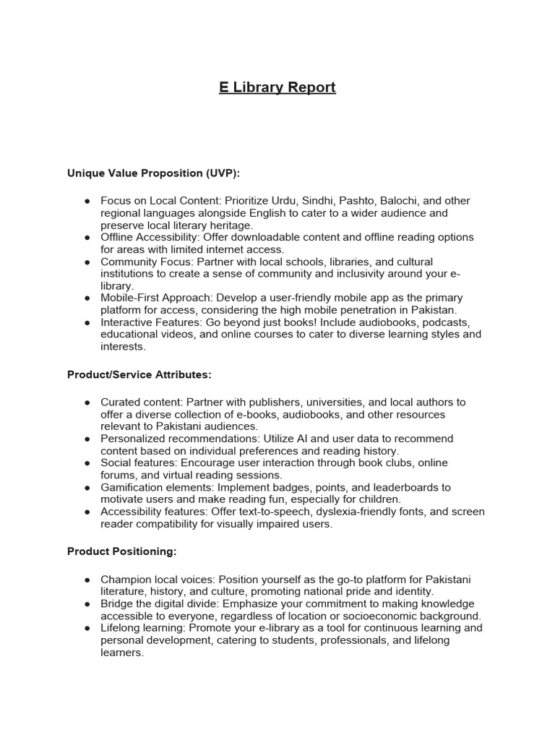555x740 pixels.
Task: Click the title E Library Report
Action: [x=277, y=87]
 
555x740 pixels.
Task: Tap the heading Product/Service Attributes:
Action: [x=139, y=374]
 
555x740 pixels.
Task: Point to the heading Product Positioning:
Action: [x=121, y=551]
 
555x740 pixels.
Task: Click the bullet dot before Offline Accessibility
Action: [x=87, y=238]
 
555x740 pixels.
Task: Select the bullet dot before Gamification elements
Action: [x=87, y=488]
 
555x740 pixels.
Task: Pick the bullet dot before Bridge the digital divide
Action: [x=87, y=604]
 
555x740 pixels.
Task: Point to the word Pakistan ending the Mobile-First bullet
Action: [x=431, y=310]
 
